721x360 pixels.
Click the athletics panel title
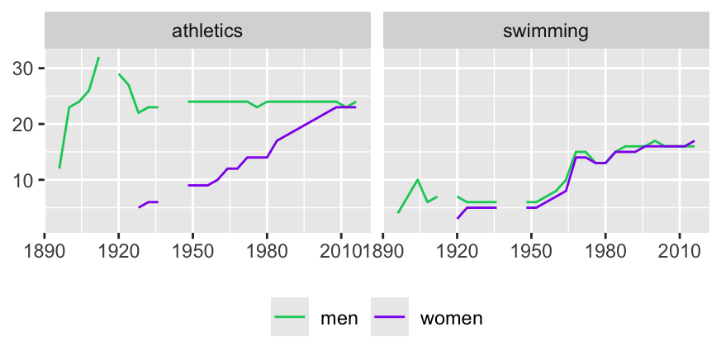pos(206,32)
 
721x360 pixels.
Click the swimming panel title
pos(545,32)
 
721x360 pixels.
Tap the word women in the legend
pos(451,318)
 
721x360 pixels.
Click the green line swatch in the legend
pos(290,317)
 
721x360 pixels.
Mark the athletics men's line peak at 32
pos(98,58)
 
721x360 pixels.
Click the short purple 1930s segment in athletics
pos(148,202)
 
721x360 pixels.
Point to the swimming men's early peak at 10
pos(418,180)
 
